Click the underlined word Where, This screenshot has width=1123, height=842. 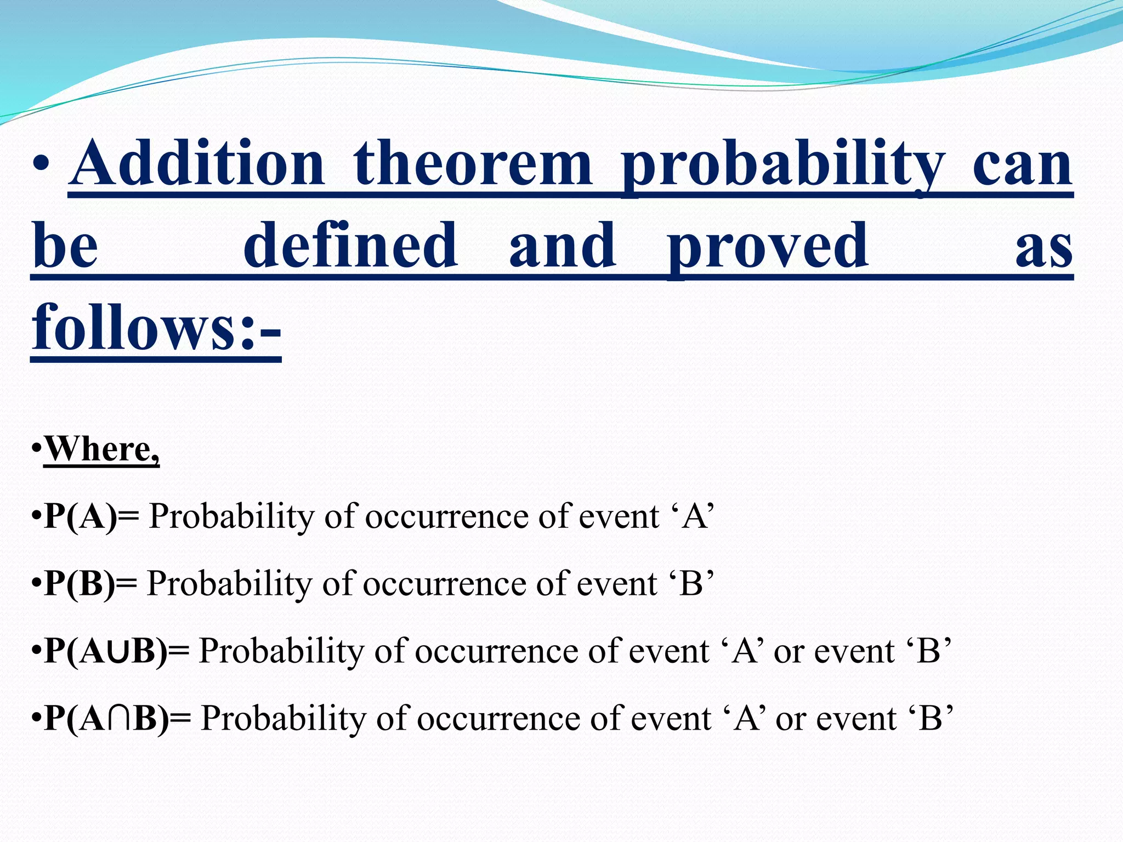pos(102,449)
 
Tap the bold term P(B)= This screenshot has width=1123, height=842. pos(90,583)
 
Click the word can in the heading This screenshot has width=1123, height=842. pos(1022,164)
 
